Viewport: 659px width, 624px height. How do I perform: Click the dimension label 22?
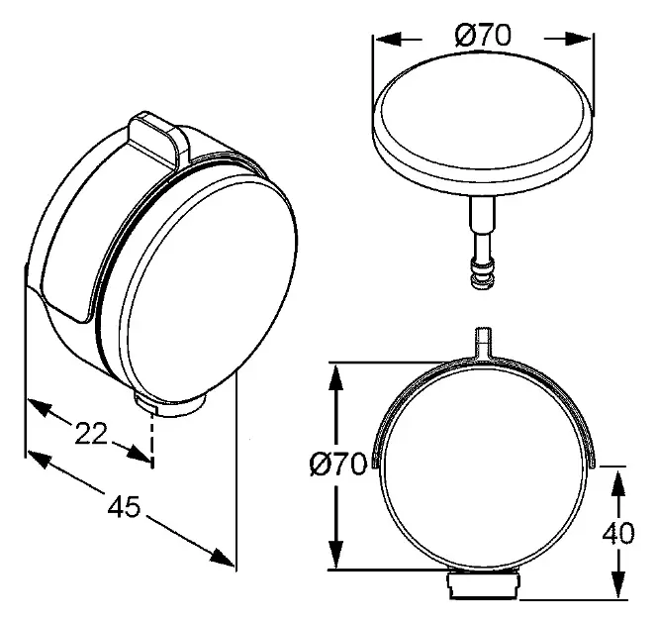point(91,433)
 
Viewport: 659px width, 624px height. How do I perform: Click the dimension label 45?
point(123,506)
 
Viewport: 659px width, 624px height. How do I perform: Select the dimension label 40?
point(618,534)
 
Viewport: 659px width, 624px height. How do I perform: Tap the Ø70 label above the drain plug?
point(483,35)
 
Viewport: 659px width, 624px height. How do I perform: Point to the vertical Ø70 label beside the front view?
point(338,465)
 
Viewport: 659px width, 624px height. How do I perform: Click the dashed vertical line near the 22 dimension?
point(152,438)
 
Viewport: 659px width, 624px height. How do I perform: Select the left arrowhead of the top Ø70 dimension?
point(387,40)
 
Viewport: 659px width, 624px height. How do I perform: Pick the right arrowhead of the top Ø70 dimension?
point(579,39)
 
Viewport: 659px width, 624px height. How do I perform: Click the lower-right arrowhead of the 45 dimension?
point(222,557)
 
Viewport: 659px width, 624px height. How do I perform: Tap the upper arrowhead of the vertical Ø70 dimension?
point(335,377)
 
